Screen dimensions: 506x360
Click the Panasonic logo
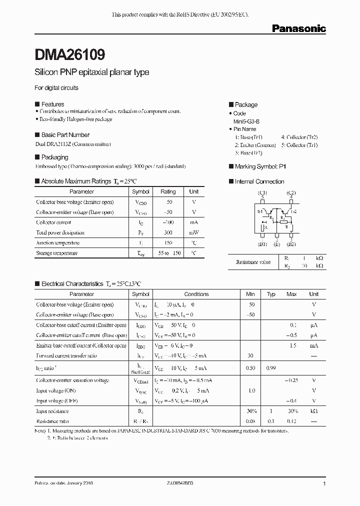pos(298,28)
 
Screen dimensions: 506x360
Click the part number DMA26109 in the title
pos(69,54)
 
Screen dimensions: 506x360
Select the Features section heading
pos(52,104)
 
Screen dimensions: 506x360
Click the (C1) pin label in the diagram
pos(262,192)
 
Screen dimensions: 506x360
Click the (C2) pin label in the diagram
pos(291,192)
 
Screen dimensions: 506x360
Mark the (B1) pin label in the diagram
pos(262,244)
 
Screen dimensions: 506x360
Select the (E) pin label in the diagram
pos(277,244)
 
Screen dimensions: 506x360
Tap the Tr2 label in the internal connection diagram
pos(293,212)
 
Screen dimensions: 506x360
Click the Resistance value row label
pos(253,261)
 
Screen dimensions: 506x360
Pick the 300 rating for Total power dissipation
pos(168,232)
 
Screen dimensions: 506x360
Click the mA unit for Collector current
pos(194,222)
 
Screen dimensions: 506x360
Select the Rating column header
pos(168,191)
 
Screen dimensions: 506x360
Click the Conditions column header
pos(196,294)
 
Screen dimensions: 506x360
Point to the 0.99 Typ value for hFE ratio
pos(271,368)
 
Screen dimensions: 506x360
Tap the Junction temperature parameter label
pos(57,242)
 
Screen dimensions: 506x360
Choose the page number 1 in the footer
pos(324,484)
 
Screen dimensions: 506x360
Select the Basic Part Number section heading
pos(65,135)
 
